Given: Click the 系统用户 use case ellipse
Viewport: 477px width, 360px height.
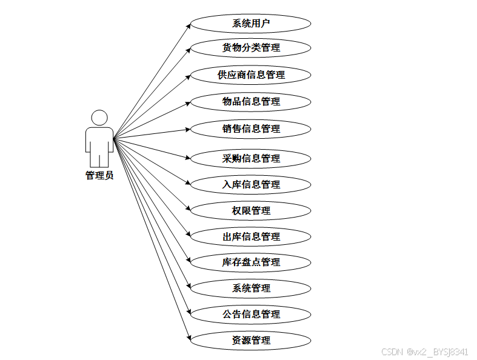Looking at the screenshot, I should point(251,24).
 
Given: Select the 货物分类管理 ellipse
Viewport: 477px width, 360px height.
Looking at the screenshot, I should point(251,47).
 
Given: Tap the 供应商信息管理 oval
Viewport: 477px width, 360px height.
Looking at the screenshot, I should point(251,75).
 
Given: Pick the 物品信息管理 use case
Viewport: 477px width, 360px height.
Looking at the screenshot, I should point(251,101).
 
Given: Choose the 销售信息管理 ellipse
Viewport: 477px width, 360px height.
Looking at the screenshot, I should point(251,128).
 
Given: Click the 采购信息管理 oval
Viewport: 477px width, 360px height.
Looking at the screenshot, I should point(251,158).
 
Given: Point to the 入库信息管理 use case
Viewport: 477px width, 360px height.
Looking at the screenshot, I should point(251,184).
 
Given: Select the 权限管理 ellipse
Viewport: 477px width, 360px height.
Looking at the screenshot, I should point(251,210).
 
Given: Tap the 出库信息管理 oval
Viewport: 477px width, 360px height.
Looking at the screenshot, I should point(251,236).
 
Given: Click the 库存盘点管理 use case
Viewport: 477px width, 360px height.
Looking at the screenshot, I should point(251,262).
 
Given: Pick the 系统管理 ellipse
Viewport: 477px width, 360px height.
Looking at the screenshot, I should point(251,288).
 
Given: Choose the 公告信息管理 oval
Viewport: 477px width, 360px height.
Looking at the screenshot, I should point(251,314).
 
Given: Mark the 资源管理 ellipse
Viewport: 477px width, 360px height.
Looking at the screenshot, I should point(251,340).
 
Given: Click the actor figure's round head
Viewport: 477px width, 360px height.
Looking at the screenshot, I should point(99,118).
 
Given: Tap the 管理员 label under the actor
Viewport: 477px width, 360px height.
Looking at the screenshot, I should point(99,175).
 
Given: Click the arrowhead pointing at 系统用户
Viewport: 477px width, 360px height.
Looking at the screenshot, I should point(187,27).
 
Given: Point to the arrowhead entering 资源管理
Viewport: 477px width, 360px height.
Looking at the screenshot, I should point(187,338).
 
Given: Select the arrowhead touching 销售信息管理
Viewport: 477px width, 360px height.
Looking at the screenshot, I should point(187,129).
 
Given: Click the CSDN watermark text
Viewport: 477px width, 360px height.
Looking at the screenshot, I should point(424,352).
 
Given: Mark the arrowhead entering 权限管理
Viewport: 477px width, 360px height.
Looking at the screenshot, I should point(187,208).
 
